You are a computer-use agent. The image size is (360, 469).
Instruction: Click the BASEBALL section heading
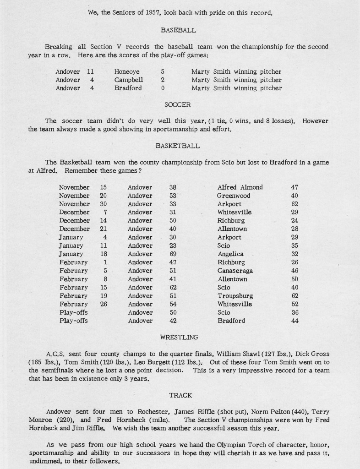coord(179,30)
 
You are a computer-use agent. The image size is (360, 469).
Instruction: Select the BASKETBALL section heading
coord(177,146)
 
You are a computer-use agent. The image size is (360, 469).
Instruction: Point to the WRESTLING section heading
coord(179,337)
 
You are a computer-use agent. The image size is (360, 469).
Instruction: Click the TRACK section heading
coord(180,395)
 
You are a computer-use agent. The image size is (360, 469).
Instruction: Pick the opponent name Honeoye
coord(127,72)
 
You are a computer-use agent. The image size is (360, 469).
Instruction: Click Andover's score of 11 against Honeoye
coord(90,72)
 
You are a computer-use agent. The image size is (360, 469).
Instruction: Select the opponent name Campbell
coord(128,80)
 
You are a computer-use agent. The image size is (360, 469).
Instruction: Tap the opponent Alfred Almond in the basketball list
coord(240,187)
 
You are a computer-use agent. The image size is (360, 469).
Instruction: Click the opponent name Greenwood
coord(234,196)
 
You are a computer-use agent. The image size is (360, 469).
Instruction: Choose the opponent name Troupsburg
coord(235,296)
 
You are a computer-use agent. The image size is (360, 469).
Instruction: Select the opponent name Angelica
coord(230,254)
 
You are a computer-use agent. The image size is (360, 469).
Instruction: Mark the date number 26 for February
coord(103,304)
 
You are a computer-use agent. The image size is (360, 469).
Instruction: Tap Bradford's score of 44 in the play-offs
coord(295,321)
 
